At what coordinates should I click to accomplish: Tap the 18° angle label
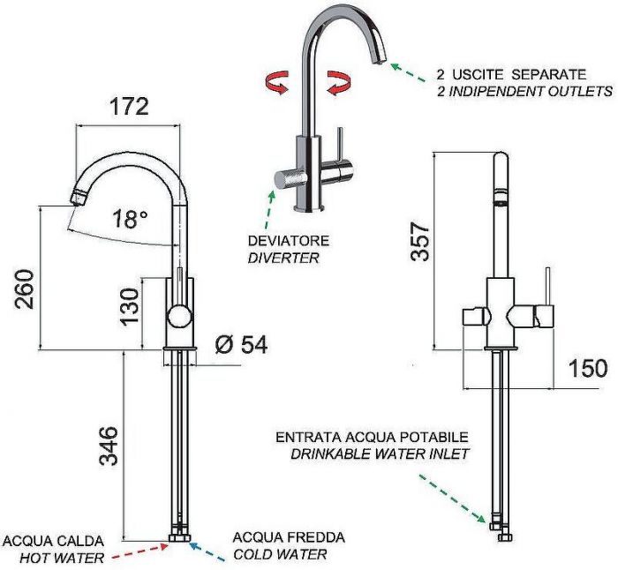(x=131, y=219)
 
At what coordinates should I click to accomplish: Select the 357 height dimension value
(x=421, y=241)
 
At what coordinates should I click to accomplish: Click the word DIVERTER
(x=283, y=258)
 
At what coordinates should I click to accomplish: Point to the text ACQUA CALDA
(x=54, y=539)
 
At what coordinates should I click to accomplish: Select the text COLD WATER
(x=280, y=554)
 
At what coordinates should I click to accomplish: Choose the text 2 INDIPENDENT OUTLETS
(x=524, y=91)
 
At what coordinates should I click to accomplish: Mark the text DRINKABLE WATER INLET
(x=380, y=454)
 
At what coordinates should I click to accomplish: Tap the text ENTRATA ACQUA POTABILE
(x=372, y=437)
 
